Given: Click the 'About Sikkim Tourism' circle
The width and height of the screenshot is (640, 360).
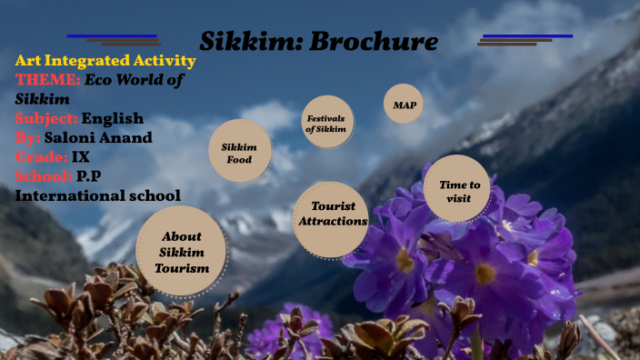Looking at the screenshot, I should [181, 251].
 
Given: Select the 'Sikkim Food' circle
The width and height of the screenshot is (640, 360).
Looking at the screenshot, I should [239, 153].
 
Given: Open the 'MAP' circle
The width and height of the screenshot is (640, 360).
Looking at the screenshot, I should [403, 105].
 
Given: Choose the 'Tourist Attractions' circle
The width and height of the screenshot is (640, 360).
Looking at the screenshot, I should [331, 215].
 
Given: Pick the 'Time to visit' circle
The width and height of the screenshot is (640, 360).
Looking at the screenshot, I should [457, 189].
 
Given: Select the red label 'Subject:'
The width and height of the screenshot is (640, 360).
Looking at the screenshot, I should [46, 118].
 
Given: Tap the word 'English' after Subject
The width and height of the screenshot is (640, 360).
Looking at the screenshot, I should [113, 118].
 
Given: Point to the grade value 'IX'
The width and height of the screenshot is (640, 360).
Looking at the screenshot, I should [81, 156].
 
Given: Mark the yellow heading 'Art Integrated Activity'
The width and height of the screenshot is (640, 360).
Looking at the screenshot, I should [105, 61].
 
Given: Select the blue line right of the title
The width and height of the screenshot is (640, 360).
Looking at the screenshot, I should [527, 36].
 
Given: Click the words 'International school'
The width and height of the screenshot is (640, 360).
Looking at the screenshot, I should [98, 195].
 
